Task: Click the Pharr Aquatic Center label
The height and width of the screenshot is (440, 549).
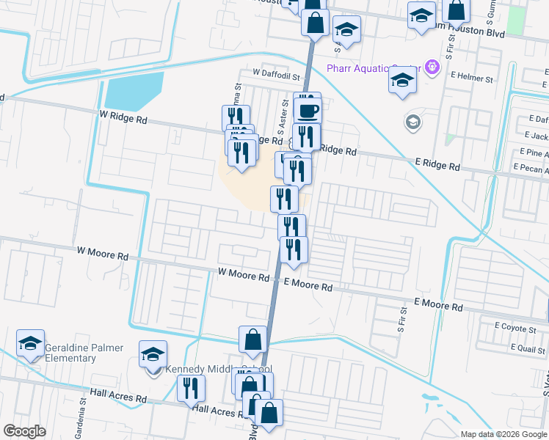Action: pyautogui.click(x=372, y=68)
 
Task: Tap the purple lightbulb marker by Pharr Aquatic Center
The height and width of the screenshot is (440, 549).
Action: pyautogui.click(x=432, y=67)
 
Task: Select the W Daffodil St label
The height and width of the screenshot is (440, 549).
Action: pyautogui.click(x=277, y=75)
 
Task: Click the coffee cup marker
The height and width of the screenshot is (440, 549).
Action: pyautogui.click(x=308, y=111)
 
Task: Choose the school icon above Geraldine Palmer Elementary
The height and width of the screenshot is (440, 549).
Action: pyautogui.click(x=31, y=342)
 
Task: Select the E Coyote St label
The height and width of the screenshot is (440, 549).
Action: pyautogui.click(x=515, y=326)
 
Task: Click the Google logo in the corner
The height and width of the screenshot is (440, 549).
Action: pyautogui.click(x=24, y=431)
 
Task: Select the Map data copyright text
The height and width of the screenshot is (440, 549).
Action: pyautogui.click(x=503, y=434)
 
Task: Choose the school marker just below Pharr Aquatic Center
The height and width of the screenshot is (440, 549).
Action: pyautogui.click(x=402, y=81)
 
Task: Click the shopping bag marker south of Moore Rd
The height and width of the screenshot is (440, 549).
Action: pyautogui.click(x=252, y=340)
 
